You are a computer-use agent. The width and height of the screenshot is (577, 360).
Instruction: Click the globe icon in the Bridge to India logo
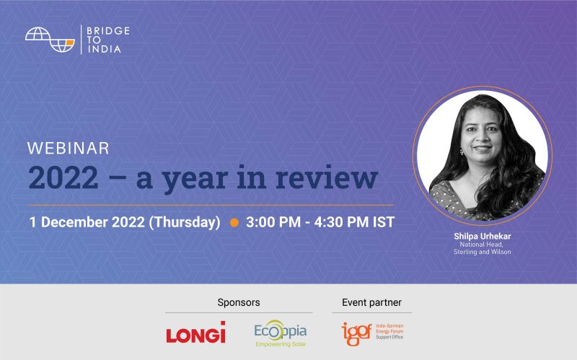point(50,40)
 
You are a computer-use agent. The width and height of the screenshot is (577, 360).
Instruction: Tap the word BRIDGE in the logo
point(108,31)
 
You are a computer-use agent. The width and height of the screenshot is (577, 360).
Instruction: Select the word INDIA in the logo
point(104,49)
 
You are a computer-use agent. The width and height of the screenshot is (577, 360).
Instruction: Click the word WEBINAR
point(69,149)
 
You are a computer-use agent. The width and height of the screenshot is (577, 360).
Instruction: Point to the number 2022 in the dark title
point(63,178)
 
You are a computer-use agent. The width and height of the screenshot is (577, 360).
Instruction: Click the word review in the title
point(327,177)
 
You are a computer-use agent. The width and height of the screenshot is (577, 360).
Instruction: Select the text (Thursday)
point(185,222)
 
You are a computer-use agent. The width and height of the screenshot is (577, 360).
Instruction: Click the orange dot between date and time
point(234,222)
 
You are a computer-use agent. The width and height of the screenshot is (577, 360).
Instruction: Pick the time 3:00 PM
point(273,222)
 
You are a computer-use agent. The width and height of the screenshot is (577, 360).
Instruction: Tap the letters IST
point(384,222)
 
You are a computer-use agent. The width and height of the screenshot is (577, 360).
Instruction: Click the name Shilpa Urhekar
point(482,236)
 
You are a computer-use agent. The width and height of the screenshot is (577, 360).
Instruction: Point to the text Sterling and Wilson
point(482,252)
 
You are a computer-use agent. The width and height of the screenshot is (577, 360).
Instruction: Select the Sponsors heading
point(239,302)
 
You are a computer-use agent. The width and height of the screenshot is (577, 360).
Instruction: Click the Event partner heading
point(371,302)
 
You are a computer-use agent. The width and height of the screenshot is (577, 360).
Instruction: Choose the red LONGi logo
point(195,332)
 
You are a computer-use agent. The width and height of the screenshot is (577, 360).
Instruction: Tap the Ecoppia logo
point(281,333)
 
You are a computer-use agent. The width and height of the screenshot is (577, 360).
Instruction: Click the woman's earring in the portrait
point(462,152)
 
